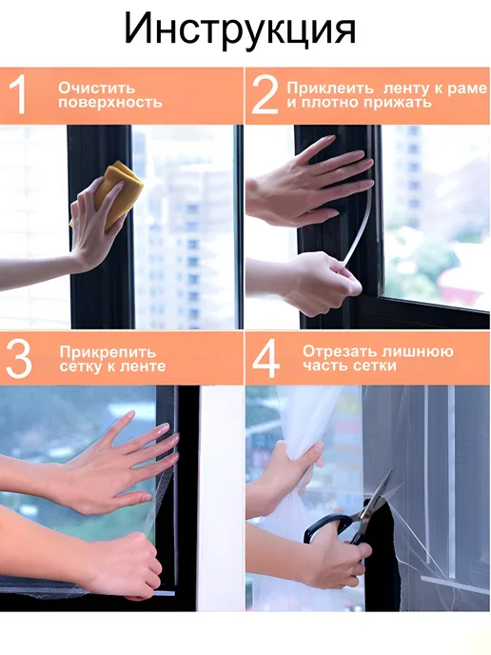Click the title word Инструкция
tap(240, 30)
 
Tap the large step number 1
tap(18, 95)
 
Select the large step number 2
tap(265, 95)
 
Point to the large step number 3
tap(19, 359)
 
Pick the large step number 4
tap(266, 359)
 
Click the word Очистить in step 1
tap(96, 89)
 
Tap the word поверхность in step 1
tap(109, 103)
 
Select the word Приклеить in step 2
tap(330, 89)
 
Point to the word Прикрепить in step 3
tap(108, 352)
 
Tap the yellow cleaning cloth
tap(117, 192)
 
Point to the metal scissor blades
tap(378, 493)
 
